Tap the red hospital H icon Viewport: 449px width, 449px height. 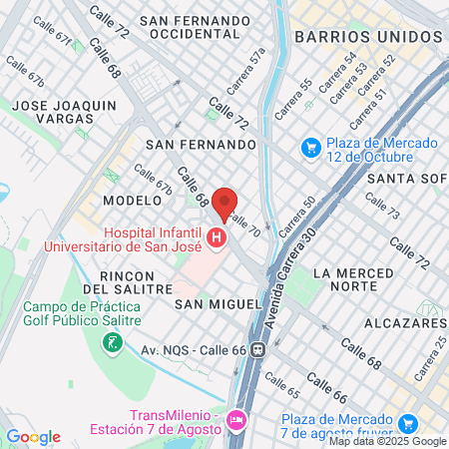(x=217, y=238)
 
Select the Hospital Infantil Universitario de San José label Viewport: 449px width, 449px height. (x=151, y=238)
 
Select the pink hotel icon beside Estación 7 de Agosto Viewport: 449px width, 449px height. (x=235, y=420)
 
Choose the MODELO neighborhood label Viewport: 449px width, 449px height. (x=126, y=200)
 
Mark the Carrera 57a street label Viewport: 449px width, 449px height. (x=259, y=66)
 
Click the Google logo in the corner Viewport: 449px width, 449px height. (x=33, y=436)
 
